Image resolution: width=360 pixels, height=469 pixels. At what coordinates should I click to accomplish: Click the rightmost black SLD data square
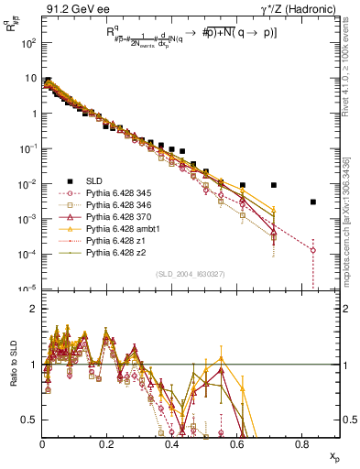tap(313, 202)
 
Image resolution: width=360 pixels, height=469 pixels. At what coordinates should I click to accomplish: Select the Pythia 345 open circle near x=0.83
tap(313, 249)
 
